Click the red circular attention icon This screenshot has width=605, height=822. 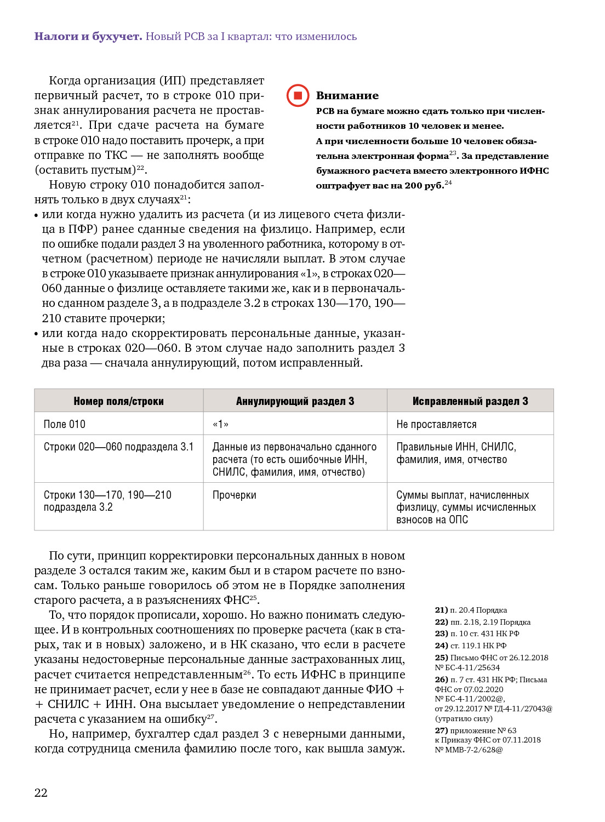pos(298,96)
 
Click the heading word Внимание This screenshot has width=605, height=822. pos(347,96)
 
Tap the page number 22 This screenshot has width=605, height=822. pos(41,792)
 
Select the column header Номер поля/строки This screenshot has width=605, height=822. pos(118,401)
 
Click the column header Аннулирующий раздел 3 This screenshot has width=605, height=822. pos(295,401)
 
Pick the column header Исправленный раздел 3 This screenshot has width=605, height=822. pos(470,401)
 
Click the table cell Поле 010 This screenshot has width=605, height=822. pos(65,424)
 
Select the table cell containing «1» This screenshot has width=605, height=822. pos(220,424)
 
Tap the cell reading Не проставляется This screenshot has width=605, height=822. pos(436,424)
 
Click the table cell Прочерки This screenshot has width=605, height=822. pos(235,495)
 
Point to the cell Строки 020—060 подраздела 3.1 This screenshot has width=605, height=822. pos(118,447)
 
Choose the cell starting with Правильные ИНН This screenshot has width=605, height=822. pos(456,453)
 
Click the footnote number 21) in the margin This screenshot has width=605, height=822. pos(441,610)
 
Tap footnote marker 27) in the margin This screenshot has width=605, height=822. pos(441,730)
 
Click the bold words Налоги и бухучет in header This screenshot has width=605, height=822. pos(88,37)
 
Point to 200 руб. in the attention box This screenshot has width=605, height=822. pos(424,185)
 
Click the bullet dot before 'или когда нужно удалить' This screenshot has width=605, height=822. pos(36,215)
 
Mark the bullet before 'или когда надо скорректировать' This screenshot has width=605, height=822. pos(36,334)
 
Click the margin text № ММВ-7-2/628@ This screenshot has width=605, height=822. pos(469,750)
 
